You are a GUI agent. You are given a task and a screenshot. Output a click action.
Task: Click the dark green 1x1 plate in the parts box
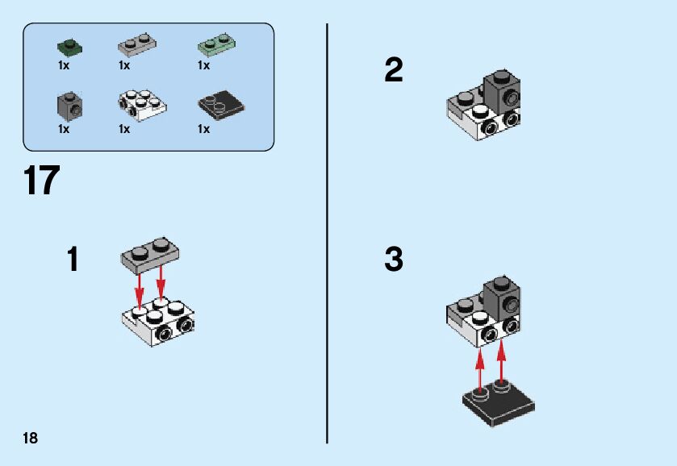[69, 47]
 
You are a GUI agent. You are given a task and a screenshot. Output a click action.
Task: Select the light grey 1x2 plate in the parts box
[137, 44]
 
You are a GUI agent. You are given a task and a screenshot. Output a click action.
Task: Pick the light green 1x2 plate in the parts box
[217, 44]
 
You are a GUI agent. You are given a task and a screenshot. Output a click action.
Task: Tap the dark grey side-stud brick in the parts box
[69, 106]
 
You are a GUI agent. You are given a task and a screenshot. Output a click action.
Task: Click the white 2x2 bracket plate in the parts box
[142, 105]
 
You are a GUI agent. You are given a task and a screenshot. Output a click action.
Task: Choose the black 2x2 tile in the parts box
[221, 105]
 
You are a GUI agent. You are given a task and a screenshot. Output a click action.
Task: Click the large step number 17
[41, 181]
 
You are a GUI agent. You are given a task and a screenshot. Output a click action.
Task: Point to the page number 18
[30, 439]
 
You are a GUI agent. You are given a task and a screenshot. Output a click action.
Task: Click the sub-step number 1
[73, 259]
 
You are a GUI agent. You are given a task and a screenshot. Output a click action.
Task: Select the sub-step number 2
[394, 70]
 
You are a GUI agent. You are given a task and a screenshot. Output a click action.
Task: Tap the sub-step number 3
[394, 259]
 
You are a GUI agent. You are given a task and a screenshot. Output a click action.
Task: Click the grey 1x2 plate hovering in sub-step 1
[150, 255]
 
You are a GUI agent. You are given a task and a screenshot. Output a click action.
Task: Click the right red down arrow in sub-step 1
[161, 281]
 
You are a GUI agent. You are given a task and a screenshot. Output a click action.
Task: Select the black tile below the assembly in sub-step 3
[499, 403]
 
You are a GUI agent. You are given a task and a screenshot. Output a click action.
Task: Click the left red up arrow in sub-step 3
[479, 371]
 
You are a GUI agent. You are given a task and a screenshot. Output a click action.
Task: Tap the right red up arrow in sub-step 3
[501, 361]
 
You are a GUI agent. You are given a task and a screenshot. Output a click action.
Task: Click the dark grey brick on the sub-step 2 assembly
[502, 92]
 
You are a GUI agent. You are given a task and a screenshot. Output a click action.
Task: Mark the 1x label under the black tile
[203, 129]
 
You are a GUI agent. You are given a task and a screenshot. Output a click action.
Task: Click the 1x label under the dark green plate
[64, 65]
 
